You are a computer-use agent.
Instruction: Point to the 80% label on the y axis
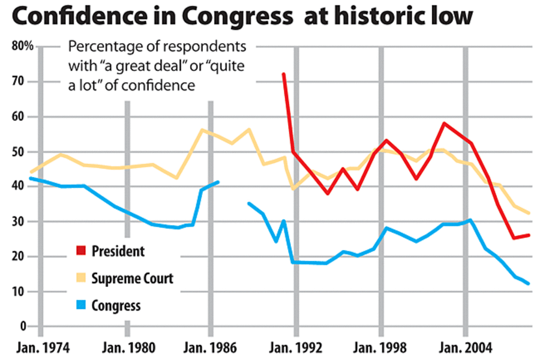coord(20,46)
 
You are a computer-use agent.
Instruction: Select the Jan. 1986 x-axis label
coord(211,348)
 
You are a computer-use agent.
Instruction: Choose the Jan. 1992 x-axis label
coord(296,348)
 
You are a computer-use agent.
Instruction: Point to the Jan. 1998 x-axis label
coord(381,348)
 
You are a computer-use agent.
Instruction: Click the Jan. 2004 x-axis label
coord(466,348)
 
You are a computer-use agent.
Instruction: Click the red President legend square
coord(80,251)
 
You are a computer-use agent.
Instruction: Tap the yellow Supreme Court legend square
coord(80,278)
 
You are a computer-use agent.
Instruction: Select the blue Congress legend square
coord(80,305)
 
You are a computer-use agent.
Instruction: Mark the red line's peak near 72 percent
coord(283,74)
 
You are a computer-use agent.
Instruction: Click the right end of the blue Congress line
coord(529,284)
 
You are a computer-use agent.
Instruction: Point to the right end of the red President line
coord(529,235)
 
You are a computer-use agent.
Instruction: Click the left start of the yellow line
coord(30,172)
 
